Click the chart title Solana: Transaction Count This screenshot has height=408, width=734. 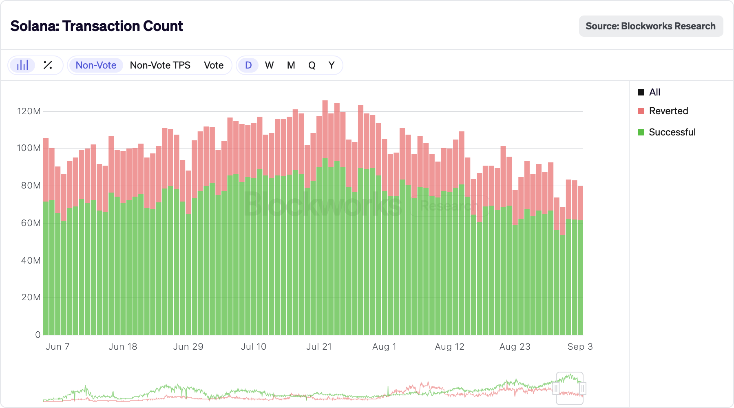(97, 26)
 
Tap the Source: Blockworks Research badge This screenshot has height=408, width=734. (650, 26)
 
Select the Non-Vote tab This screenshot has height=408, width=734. (96, 65)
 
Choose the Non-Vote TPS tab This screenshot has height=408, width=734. (160, 65)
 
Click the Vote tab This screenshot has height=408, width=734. (214, 65)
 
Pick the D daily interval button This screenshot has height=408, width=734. (248, 65)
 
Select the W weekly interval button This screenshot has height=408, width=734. (269, 65)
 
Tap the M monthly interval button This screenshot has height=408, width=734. (291, 65)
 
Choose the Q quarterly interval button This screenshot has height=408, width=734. (312, 65)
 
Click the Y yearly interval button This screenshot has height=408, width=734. (332, 65)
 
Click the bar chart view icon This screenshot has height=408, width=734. (22, 65)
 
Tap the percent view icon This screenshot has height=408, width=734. (48, 65)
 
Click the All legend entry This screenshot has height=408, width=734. (654, 92)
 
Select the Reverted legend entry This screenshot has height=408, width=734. (668, 111)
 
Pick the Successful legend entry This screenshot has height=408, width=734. (672, 132)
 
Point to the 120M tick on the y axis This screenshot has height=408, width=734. (29, 111)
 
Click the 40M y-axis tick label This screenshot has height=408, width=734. (31, 260)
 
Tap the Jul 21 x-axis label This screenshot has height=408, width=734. (319, 347)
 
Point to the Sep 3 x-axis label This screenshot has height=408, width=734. (580, 347)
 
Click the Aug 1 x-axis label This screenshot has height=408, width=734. (384, 347)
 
